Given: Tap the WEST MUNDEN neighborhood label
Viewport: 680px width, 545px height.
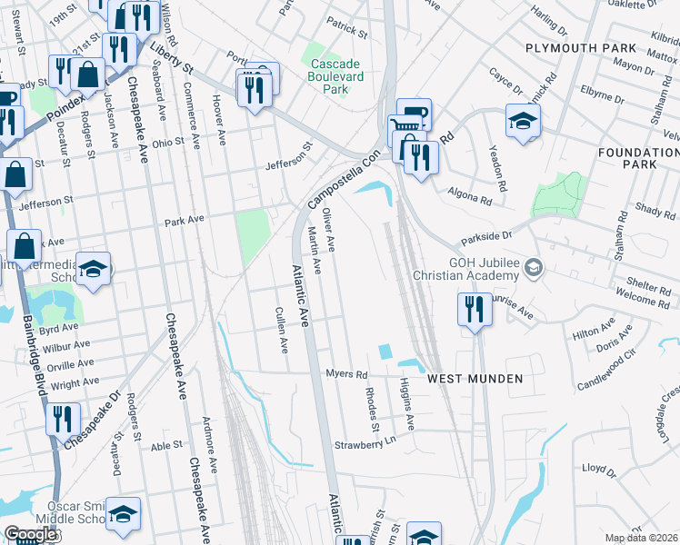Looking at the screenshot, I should [475, 378].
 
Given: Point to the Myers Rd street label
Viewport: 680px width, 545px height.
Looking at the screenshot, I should [346, 374].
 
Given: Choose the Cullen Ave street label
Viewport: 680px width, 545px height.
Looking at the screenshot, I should [281, 329].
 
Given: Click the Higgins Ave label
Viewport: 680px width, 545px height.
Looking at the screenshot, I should [405, 405].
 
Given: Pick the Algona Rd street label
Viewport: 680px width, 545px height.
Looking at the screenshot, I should [469, 192].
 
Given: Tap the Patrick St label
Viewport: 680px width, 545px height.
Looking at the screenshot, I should [347, 33].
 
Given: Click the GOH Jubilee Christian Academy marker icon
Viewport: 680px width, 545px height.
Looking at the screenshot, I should [535, 267].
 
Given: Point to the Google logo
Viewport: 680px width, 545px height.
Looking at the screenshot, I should [31, 534].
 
